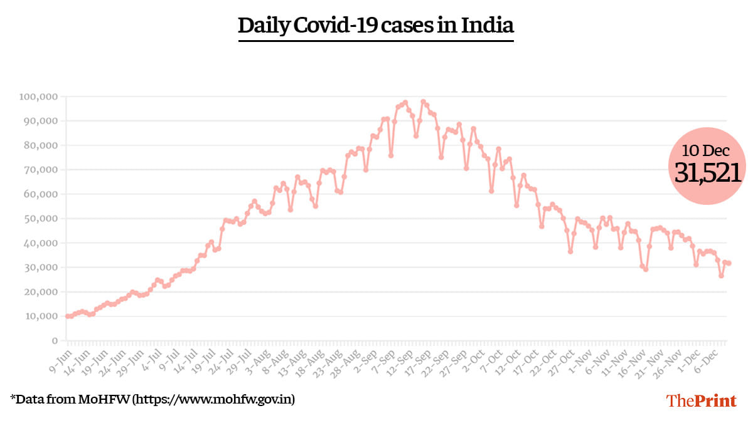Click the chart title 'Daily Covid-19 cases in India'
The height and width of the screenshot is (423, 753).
376,26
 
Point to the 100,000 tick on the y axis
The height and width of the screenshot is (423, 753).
39,97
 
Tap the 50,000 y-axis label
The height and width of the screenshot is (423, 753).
41,219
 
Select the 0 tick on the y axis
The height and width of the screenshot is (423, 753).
55,341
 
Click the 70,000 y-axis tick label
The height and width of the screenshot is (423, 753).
41,170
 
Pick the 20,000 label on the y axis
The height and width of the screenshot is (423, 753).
41,292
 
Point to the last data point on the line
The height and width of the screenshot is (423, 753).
729,263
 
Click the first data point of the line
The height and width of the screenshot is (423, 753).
68,316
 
